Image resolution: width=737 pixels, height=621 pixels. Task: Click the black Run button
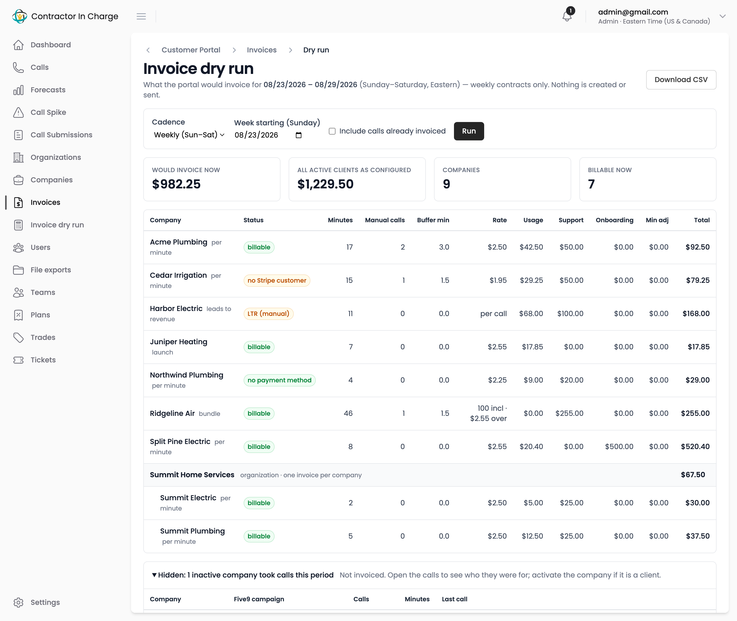tap(469, 131)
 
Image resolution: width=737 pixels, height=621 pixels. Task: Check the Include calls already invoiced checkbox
tap(332, 131)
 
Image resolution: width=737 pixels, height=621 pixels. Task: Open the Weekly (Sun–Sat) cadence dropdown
tap(189, 135)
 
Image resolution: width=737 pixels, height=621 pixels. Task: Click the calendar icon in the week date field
tap(298, 135)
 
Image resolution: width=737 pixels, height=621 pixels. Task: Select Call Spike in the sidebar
tap(48, 112)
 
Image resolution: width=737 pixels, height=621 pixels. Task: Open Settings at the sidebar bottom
tap(45, 602)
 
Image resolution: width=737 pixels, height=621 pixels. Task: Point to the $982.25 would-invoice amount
tap(176, 184)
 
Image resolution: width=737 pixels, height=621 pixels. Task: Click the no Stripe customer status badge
tap(277, 281)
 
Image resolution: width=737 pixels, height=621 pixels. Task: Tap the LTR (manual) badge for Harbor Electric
tap(268, 314)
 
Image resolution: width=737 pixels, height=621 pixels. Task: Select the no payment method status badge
tap(279, 380)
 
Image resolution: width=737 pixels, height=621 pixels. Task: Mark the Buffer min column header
tap(433, 220)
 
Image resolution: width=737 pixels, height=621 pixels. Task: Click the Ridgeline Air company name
tap(172, 413)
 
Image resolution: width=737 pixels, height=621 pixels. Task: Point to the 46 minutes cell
tap(348, 413)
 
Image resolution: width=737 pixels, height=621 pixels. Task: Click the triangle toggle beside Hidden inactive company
tap(154, 575)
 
